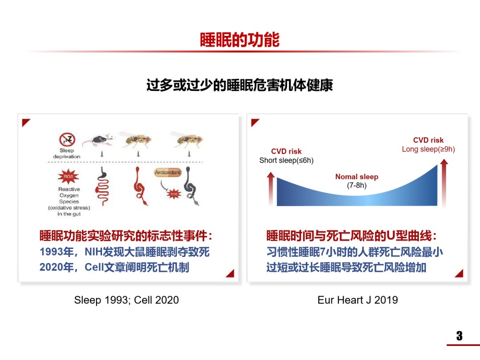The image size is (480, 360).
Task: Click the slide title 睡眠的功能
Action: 239,40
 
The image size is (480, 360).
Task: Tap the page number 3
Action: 459,336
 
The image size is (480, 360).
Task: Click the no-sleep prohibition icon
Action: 67,139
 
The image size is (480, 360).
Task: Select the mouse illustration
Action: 99,140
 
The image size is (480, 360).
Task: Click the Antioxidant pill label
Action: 168,172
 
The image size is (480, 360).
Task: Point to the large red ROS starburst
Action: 68,177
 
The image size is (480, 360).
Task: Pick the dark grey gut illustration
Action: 190,187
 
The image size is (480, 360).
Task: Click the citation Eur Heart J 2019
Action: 358,300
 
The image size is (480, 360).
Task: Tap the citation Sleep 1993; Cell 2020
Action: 126,300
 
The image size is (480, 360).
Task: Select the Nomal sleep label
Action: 357,177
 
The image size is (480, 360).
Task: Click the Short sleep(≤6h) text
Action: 286,160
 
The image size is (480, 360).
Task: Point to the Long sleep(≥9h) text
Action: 428,149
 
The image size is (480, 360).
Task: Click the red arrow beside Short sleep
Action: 271,189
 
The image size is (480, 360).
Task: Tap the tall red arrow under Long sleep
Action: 444,183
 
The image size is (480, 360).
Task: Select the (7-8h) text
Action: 357,185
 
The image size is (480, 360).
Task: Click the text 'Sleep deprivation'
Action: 67,153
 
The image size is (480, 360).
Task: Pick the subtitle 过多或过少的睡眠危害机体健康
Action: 239,85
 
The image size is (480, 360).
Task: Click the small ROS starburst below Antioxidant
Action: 174,194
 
